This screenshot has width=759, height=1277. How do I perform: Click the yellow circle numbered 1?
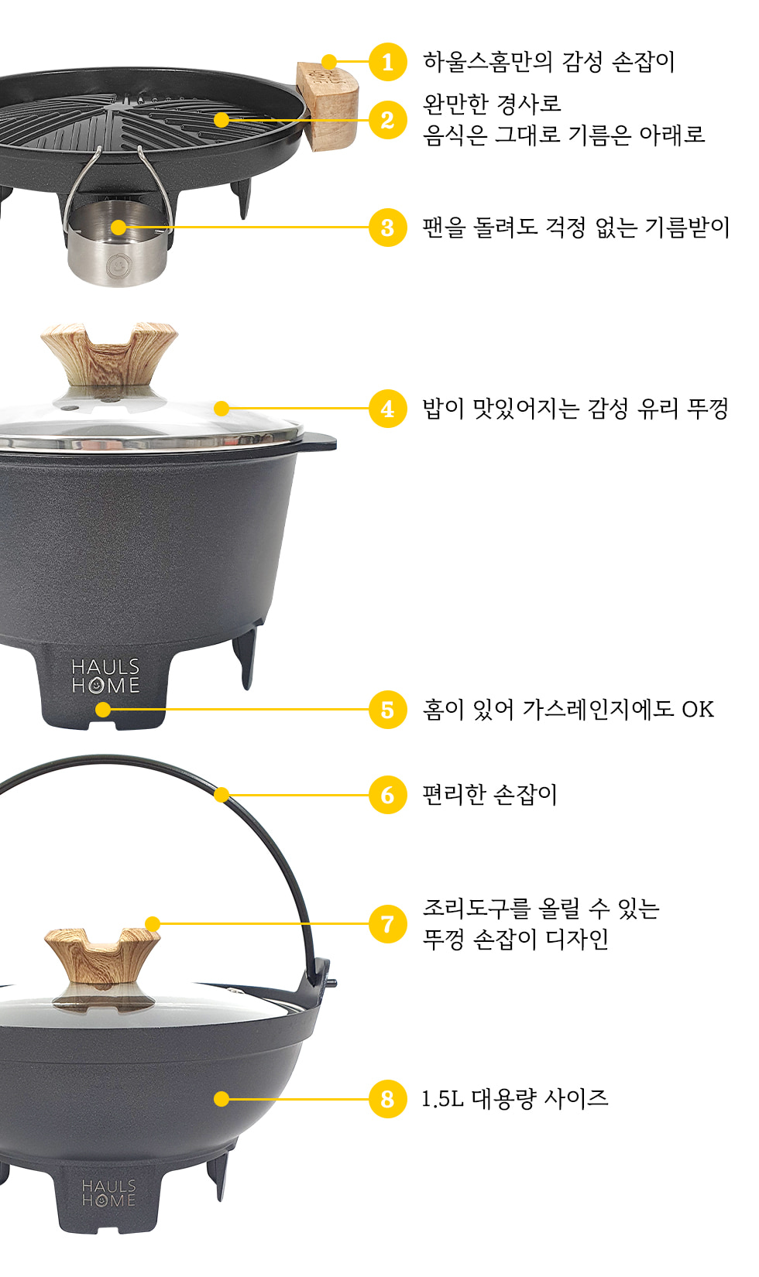387,62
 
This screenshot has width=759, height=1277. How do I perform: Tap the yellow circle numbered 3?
387,228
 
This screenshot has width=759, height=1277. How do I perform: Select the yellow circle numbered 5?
387,710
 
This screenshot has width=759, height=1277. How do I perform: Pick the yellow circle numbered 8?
387,1099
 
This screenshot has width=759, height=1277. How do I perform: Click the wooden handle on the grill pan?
328,107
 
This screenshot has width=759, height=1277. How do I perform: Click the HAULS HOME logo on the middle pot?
105,676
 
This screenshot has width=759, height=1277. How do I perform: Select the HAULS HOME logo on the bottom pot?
109,1193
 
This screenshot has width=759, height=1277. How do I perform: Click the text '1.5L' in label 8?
442,1099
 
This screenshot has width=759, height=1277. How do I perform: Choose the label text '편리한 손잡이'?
489,795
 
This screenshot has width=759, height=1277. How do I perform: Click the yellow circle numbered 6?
387,795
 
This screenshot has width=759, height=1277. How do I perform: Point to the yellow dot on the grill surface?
222,120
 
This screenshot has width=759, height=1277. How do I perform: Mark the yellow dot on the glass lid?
222,408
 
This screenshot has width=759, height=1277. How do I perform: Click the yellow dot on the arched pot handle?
222,795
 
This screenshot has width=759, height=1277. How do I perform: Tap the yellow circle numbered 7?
387,923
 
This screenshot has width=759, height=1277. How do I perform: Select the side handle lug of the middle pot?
318,442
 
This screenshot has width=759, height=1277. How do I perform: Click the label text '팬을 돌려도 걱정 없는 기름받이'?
576,228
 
